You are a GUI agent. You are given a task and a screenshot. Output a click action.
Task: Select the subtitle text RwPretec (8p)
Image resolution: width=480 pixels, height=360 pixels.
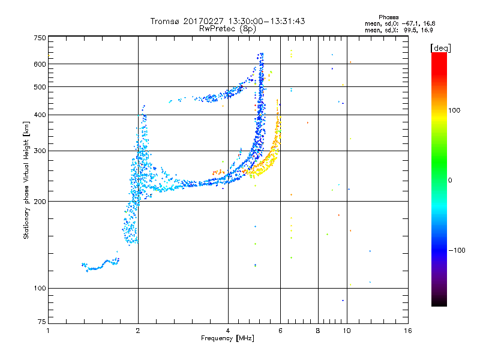click(227, 29)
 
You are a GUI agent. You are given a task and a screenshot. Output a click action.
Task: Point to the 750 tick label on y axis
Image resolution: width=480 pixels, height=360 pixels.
click(40, 38)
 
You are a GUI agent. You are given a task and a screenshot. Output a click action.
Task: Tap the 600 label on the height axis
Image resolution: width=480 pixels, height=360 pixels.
click(40, 64)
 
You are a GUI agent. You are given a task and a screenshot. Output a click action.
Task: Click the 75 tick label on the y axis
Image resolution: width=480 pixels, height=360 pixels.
click(42, 322)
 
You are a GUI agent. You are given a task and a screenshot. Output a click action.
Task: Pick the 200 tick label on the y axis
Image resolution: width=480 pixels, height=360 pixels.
click(40, 202)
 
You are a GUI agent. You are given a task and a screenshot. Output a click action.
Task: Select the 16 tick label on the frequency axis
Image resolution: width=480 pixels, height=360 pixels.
click(408, 331)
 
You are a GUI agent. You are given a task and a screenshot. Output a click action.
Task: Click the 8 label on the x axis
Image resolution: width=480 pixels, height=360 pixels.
click(318, 331)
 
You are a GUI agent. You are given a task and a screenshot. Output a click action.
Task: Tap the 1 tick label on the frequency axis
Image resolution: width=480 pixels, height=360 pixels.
click(48, 331)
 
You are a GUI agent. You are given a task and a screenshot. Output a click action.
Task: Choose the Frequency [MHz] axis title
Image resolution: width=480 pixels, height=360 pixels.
click(227, 338)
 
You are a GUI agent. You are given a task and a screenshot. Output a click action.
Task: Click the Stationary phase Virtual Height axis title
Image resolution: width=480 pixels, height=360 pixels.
click(26, 181)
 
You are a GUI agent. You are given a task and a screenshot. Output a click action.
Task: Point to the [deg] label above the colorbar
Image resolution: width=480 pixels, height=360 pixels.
click(440, 48)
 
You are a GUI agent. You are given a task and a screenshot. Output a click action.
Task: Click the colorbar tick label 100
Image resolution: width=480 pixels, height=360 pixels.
click(454, 110)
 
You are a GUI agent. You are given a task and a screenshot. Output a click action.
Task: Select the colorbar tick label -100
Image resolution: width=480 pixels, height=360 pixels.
click(457, 250)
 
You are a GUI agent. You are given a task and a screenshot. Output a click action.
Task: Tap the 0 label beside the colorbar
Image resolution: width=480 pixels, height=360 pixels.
click(450, 181)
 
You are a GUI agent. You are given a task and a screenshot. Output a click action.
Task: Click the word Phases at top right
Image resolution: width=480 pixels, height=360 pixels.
click(388, 17)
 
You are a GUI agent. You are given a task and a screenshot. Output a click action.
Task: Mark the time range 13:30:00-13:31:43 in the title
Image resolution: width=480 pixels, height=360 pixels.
click(266, 21)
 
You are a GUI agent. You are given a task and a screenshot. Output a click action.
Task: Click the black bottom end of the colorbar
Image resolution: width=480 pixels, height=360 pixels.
click(439, 304)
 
